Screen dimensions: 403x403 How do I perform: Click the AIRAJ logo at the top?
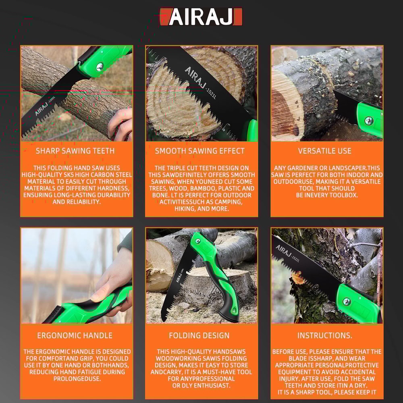(x=201, y=17)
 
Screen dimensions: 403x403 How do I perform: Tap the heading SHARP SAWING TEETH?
(x=75, y=151)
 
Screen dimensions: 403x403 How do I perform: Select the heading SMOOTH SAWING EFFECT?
(x=200, y=151)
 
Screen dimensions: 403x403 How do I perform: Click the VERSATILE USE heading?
(x=325, y=151)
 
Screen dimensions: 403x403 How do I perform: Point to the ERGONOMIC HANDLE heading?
(x=75, y=335)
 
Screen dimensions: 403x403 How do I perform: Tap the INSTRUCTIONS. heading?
(x=325, y=335)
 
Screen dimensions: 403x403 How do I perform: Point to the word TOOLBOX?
(x=342, y=195)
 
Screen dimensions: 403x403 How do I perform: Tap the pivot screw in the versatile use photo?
(x=368, y=120)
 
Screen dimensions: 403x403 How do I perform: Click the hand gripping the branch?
(x=120, y=123)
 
